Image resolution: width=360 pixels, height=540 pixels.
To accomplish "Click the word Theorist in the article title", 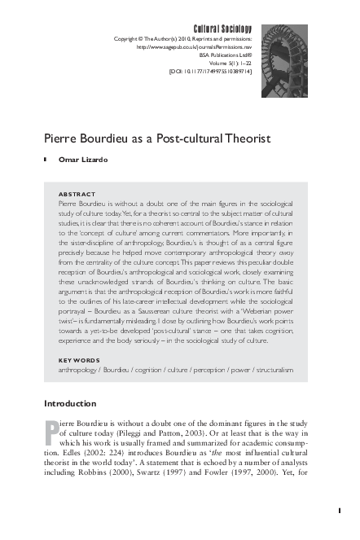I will coord(243,138).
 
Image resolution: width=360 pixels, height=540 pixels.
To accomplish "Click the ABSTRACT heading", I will coord(78,195).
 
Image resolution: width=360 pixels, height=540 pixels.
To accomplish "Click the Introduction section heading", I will coord(70,403).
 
